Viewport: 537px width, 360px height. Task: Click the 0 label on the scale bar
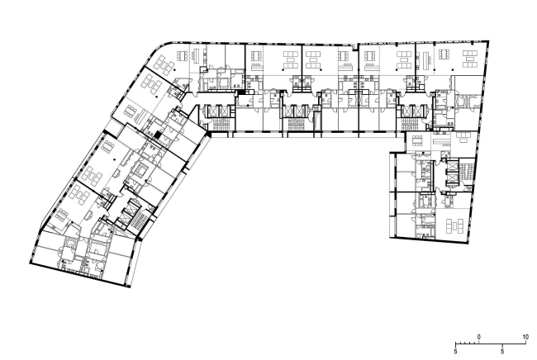tap(479, 338)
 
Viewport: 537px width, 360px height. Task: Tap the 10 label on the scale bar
tap(525, 338)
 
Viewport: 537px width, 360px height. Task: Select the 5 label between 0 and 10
tap(502, 352)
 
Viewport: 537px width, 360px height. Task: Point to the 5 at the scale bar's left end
tap(455, 352)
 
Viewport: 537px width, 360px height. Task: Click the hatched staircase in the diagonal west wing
tap(138, 220)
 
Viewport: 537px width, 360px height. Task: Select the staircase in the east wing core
tap(466, 169)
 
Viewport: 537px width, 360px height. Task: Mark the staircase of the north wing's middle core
tap(295, 123)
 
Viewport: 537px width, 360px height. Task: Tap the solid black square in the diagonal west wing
tap(157, 135)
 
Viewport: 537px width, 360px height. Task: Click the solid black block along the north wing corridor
tap(242, 92)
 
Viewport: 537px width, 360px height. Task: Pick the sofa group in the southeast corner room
tap(455, 226)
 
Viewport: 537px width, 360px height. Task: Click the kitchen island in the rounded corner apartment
tap(197, 54)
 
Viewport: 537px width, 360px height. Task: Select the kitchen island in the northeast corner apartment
tap(426, 59)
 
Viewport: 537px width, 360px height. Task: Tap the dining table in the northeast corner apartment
tap(444, 54)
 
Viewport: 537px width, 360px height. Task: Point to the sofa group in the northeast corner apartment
tap(470, 59)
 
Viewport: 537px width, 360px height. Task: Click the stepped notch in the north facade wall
tap(355, 45)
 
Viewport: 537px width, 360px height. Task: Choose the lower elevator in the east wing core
tap(451, 178)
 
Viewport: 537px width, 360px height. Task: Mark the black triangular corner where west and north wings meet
tap(208, 134)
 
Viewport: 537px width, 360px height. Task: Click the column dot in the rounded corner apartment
tap(174, 69)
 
